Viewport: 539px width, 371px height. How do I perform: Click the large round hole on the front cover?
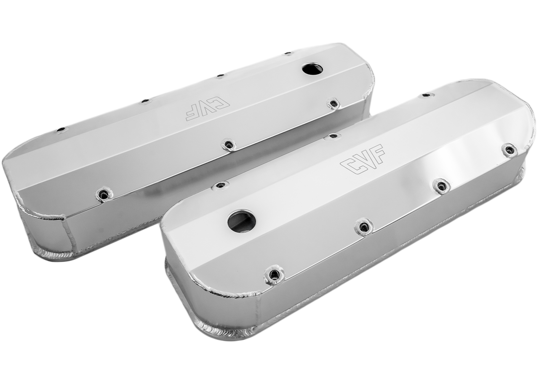pyautogui.click(x=242, y=221)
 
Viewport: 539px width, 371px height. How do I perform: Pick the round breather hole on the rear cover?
pyautogui.click(x=312, y=68)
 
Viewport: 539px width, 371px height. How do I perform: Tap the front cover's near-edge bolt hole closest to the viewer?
pyautogui.click(x=274, y=275)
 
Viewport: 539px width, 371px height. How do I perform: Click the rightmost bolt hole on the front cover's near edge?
pyautogui.click(x=509, y=150)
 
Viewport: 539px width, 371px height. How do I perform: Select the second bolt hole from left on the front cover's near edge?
pyautogui.click(x=364, y=227)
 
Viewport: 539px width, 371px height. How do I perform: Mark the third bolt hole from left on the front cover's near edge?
pyautogui.click(x=441, y=185)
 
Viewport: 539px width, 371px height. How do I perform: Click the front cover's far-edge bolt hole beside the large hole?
pyautogui.click(x=220, y=185)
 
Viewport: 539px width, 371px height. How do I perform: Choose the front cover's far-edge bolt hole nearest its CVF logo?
pyautogui.click(x=333, y=136)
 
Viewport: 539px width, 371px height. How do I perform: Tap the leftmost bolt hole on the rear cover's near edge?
pyautogui.click(x=104, y=195)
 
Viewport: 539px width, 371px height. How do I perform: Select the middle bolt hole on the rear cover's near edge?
pyautogui.click(x=229, y=145)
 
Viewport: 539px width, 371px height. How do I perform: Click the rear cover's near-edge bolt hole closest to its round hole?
pyautogui.click(x=334, y=103)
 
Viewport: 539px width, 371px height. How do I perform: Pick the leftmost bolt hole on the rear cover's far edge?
pyautogui.click(x=61, y=129)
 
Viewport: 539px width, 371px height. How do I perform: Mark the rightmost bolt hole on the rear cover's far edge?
pyautogui.click(x=288, y=54)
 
